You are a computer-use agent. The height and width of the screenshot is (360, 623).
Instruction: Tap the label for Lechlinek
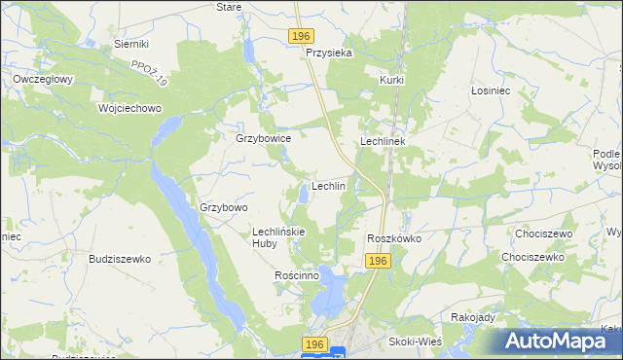[x=388, y=141]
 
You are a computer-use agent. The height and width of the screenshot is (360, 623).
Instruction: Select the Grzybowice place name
[x=264, y=138]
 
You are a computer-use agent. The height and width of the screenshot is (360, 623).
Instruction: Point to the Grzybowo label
[x=225, y=207]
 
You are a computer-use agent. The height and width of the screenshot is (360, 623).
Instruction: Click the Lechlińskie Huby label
[x=279, y=237]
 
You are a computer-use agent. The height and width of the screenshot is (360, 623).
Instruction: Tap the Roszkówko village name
[x=393, y=238]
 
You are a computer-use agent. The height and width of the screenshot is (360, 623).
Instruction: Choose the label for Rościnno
[x=297, y=275]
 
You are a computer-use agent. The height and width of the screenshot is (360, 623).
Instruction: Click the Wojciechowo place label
[x=129, y=108]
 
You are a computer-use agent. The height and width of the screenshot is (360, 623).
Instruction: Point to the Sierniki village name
[x=130, y=44]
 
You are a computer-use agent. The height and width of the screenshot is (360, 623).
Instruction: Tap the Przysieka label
[x=328, y=54]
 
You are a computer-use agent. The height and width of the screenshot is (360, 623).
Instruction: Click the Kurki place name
[x=392, y=80]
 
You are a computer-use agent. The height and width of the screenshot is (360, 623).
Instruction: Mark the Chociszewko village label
[x=532, y=257]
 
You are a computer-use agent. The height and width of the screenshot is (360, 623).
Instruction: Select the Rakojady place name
[x=474, y=317]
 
